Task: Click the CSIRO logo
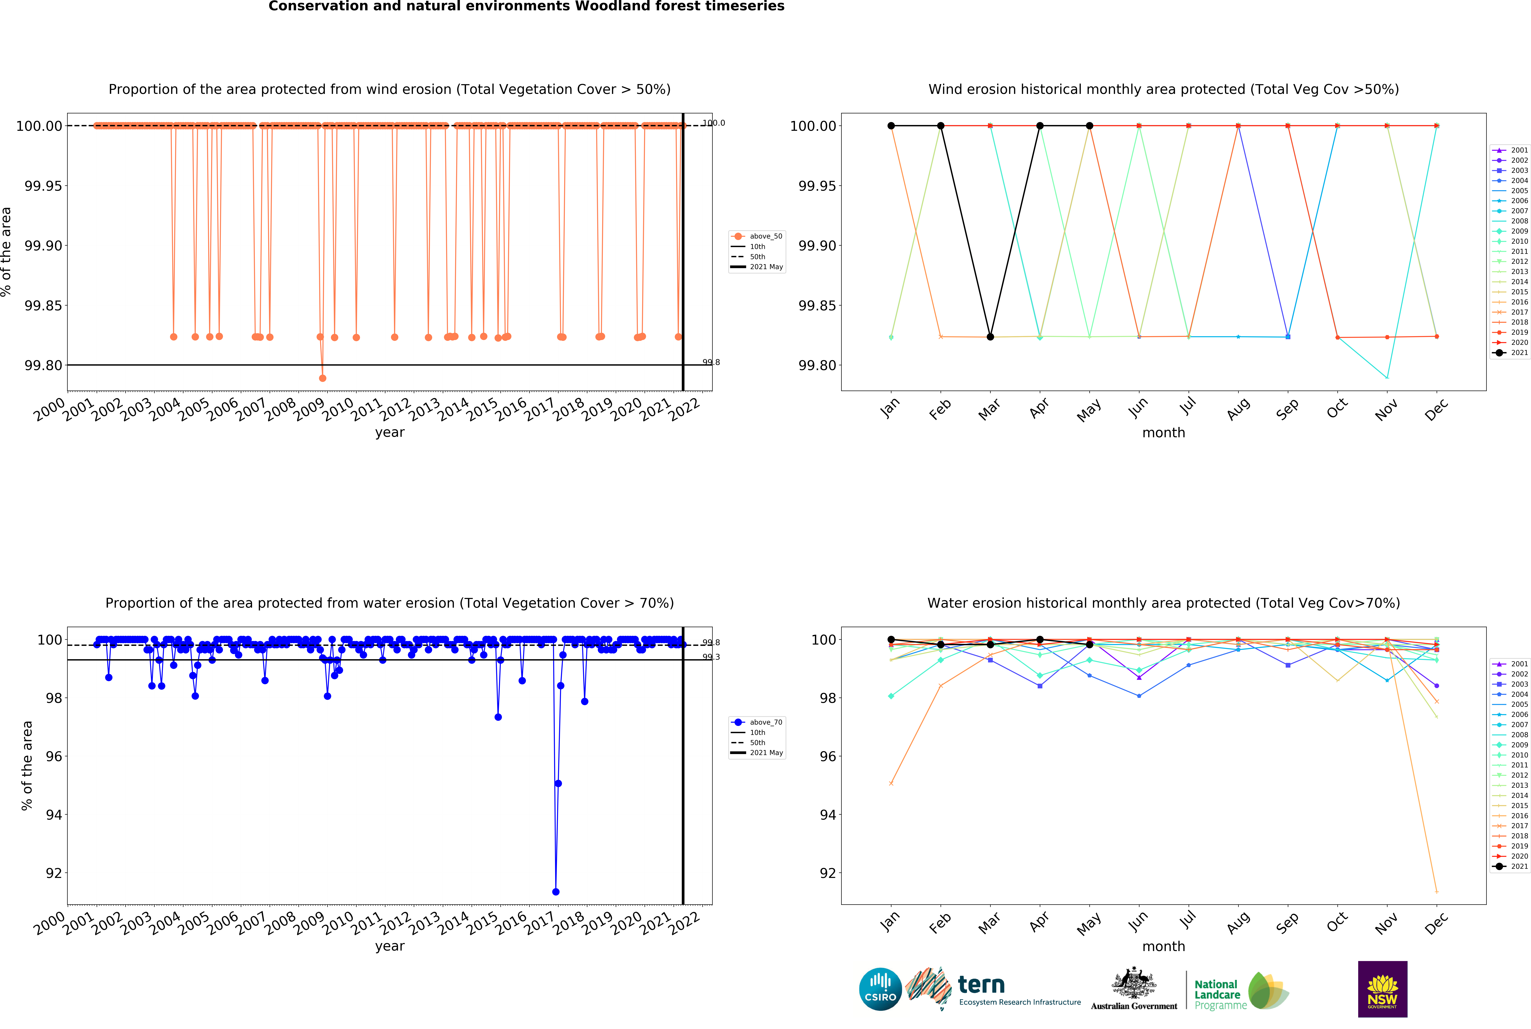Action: click(880, 989)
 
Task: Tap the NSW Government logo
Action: click(1382, 989)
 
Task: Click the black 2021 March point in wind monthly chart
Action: click(990, 337)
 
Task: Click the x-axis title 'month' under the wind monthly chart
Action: click(1163, 432)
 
